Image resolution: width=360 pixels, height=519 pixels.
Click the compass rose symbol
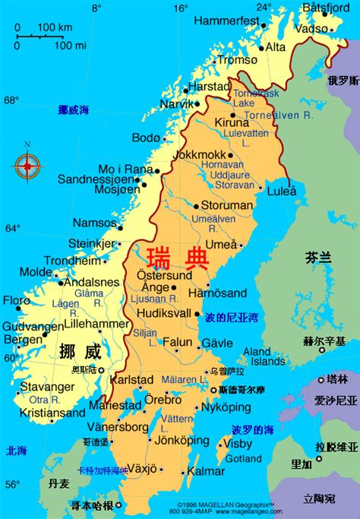[x=28, y=163]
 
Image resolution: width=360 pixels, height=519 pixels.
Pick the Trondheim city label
[x=72, y=261]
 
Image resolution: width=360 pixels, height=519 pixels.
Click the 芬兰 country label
[x=318, y=258]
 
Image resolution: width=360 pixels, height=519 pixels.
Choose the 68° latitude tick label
[x=11, y=100]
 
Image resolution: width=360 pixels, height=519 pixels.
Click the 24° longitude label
[x=264, y=8]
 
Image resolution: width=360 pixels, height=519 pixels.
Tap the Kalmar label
[x=205, y=471]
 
